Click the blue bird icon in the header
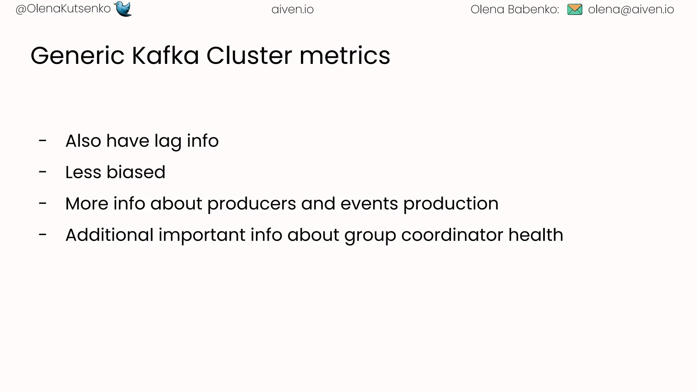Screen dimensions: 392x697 (x=123, y=9)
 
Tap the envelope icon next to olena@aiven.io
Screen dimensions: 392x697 (x=575, y=10)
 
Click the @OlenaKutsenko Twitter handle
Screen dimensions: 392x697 (x=63, y=9)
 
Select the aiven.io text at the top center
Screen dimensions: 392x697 (x=292, y=10)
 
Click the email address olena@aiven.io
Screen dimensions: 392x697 (x=631, y=10)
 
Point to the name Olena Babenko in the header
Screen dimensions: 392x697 (x=514, y=10)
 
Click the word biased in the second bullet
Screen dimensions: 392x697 (x=136, y=172)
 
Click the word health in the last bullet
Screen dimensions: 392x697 (x=536, y=235)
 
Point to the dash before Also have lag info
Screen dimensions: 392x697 (x=43, y=141)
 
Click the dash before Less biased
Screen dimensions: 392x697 (x=43, y=172)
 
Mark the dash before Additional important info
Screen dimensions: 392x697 (x=43, y=234)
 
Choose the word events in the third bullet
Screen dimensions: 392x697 (x=369, y=203)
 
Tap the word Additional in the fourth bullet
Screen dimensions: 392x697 (x=109, y=235)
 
